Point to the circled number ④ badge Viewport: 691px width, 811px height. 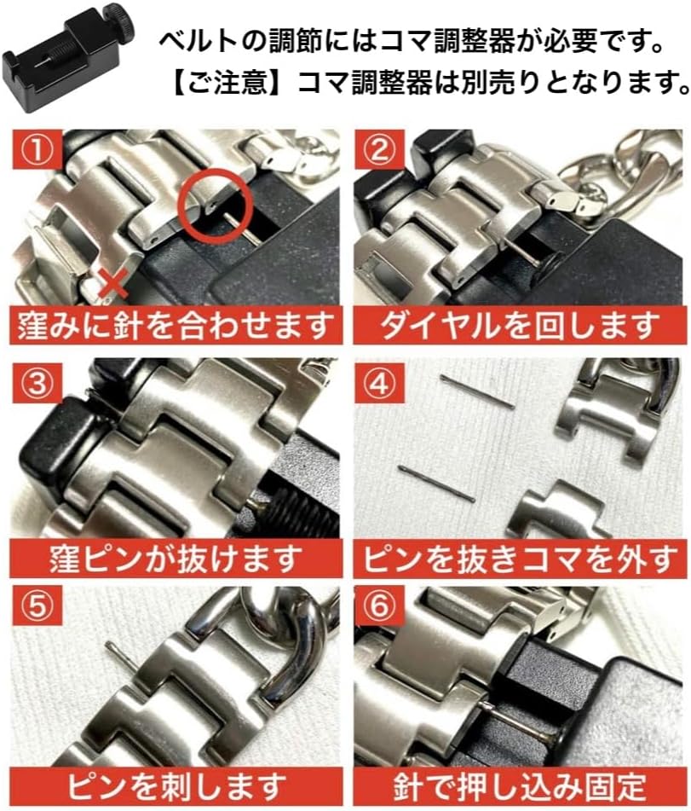click(381, 384)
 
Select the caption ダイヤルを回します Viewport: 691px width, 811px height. click(519, 325)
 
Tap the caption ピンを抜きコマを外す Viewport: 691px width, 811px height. click(519, 559)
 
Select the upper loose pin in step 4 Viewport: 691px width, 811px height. click(477, 391)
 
